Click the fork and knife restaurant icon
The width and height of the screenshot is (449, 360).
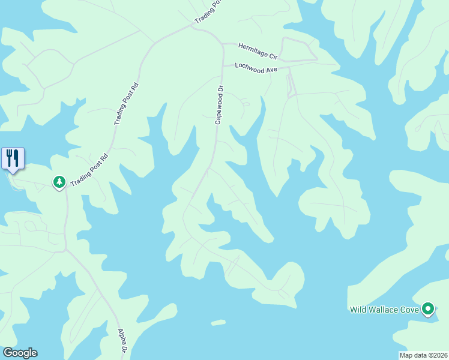[x=13, y=158]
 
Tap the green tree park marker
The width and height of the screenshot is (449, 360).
[x=59, y=181]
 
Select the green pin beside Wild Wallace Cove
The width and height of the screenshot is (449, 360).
[x=427, y=309]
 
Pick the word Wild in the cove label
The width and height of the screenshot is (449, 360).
[x=358, y=310]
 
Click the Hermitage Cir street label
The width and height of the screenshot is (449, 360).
[x=258, y=50]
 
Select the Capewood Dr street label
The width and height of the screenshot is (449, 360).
[x=220, y=104]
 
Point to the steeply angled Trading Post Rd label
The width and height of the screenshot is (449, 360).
[x=127, y=104]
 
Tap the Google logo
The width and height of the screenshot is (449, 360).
[x=20, y=353]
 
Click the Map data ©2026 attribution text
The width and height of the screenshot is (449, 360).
[x=423, y=355]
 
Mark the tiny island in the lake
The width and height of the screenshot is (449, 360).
[x=218, y=322]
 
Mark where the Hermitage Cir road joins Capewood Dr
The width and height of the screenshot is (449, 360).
[x=221, y=43]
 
